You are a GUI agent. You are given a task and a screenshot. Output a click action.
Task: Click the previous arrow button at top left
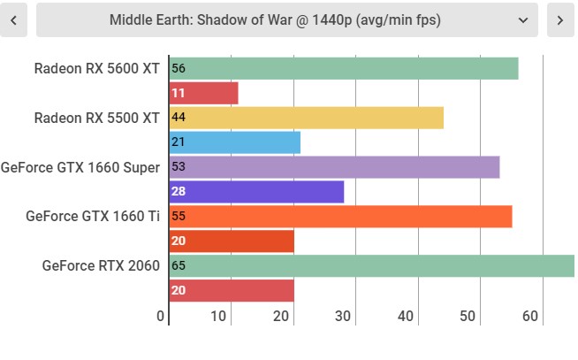[x=13, y=20]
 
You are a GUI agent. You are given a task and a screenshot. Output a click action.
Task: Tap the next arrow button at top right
[x=560, y=20]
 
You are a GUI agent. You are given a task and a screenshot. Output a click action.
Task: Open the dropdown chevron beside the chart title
[x=523, y=20]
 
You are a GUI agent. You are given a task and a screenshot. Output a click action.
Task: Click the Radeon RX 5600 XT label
[x=97, y=69]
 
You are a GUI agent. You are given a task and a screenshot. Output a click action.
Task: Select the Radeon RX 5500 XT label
[x=97, y=118]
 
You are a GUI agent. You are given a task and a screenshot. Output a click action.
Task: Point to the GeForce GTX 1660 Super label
[x=80, y=167]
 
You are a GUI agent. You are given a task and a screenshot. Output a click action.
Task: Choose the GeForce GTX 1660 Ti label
[x=93, y=216]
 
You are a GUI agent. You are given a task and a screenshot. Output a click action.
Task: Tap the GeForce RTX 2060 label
[x=101, y=265]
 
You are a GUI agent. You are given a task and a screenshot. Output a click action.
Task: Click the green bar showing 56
[x=344, y=69]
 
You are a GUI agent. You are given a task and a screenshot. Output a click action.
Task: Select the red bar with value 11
[x=204, y=93]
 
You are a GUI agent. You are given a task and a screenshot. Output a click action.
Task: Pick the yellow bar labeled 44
[x=307, y=118]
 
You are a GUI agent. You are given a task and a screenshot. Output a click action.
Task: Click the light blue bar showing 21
[x=235, y=142]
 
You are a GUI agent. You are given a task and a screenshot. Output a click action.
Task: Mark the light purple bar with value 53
[x=335, y=167]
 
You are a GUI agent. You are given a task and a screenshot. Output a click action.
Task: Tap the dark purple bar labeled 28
[x=256, y=192]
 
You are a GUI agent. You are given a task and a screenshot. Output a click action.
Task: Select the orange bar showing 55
[x=341, y=217]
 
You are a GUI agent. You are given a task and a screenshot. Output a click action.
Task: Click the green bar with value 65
[x=372, y=265]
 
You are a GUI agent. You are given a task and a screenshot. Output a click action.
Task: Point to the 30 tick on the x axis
[x=343, y=316]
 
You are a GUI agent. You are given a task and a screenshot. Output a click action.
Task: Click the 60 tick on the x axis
[x=530, y=316]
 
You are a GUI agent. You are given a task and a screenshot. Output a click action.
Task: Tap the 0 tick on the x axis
[x=160, y=316]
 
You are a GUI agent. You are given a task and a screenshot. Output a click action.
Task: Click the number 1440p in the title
[x=332, y=20]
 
